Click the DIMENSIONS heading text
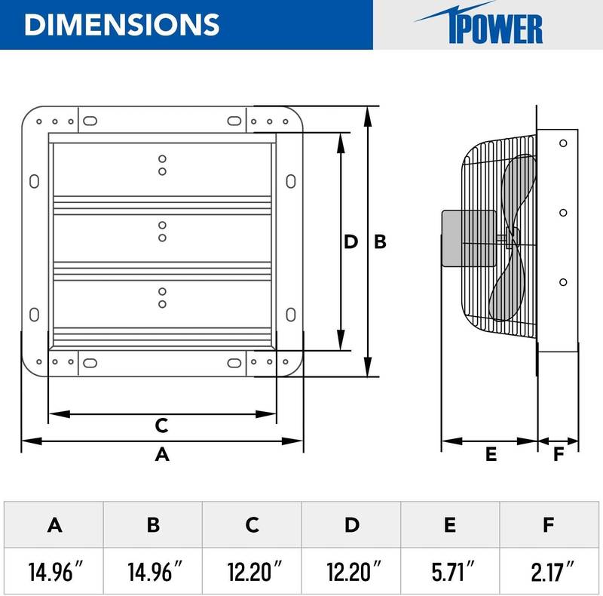click(x=121, y=24)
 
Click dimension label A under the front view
click(x=161, y=455)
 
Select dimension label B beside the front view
click(x=381, y=242)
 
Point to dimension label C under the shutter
click(x=161, y=425)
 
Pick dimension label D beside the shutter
click(x=350, y=242)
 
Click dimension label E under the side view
click(x=491, y=454)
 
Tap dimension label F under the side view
click(x=558, y=454)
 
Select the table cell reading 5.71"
click(x=450, y=566)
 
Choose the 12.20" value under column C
click(x=252, y=566)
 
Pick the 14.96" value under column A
click(x=54, y=566)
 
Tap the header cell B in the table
click(x=153, y=524)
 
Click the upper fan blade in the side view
click(x=519, y=189)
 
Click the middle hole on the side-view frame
click(x=562, y=213)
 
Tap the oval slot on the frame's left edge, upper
click(x=34, y=181)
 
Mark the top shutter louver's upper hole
click(x=162, y=159)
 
